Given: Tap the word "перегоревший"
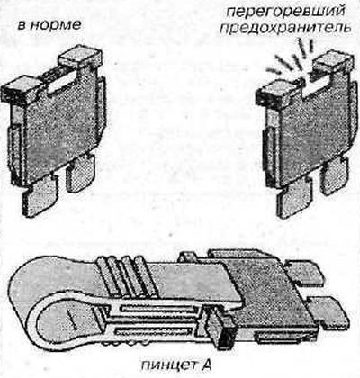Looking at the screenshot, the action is pos(284,13).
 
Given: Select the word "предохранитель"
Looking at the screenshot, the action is pos(285,29).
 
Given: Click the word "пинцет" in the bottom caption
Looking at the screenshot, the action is pos(166,364).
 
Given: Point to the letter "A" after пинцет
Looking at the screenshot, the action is pos(205,364).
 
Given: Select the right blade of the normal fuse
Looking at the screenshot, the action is pos(80,174).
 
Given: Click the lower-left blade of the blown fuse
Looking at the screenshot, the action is pos(294,197).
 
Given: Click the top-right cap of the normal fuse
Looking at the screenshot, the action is pos(80,58).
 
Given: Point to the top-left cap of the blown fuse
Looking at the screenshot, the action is pos(277,94).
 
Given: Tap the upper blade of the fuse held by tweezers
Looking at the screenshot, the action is pos(303,273).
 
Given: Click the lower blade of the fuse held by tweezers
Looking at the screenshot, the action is pos(327,312).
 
